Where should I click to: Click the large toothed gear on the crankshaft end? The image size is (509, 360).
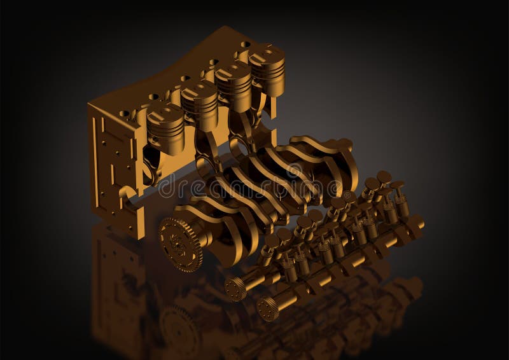coord(180,244)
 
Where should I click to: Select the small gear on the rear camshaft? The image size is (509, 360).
coord(236,288)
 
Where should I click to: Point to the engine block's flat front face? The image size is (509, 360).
coord(115,165)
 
